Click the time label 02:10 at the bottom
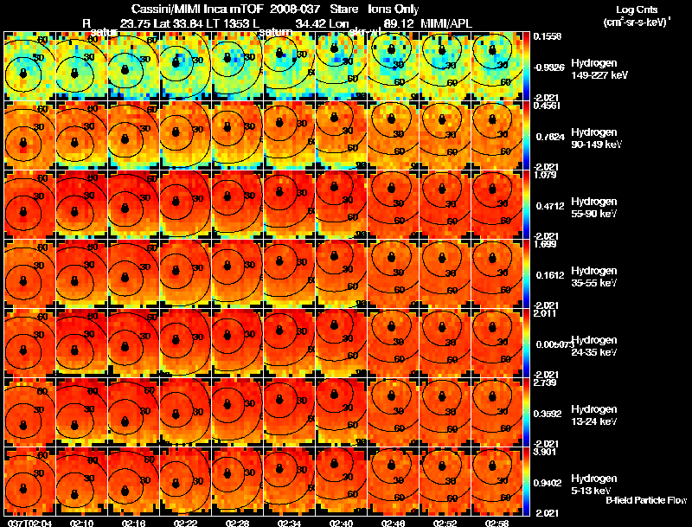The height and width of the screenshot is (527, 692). [x=82, y=523]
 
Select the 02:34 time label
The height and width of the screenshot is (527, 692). [x=290, y=523]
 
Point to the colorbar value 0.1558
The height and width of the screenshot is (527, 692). [x=547, y=36]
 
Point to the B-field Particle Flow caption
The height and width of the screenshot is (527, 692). [x=645, y=500]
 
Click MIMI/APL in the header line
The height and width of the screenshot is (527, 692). [x=446, y=22]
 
